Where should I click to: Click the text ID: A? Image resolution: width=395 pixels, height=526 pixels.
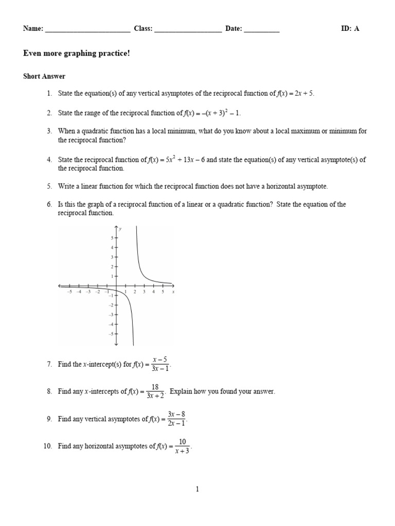tap(350, 29)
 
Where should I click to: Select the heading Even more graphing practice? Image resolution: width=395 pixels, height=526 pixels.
tap(77, 53)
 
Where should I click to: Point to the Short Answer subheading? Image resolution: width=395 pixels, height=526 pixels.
tap(44, 77)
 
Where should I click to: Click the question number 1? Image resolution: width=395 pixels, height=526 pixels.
tap(49, 93)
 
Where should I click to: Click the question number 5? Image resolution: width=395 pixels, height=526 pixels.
tap(49, 186)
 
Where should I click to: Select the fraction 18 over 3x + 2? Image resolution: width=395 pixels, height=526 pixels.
tap(155, 391)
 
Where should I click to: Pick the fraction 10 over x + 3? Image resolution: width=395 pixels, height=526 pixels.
tap(182, 446)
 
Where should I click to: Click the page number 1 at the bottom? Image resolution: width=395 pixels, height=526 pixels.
tap(197, 490)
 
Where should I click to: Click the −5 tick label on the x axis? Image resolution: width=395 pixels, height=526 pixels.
tap(69, 292)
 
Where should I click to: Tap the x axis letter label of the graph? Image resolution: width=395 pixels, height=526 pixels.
tap(173, 292)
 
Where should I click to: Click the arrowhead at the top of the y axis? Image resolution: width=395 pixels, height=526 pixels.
tap(116, 227)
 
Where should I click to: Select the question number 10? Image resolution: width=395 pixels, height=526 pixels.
tap(48, 446)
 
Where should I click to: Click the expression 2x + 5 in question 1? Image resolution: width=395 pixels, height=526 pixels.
tap(304, 93)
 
